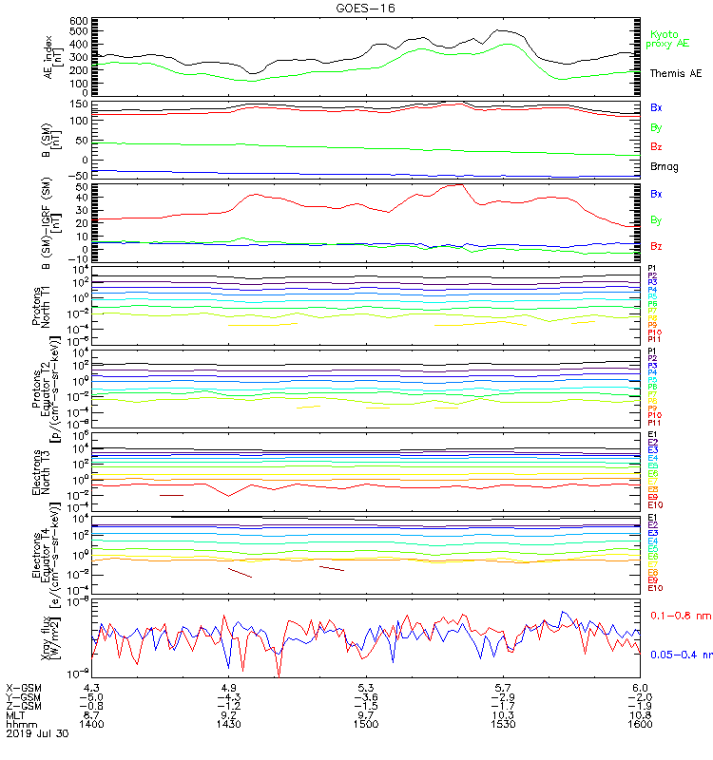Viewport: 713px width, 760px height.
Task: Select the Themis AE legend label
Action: coord(675,73)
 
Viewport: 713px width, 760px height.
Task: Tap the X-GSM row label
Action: coord(24,687)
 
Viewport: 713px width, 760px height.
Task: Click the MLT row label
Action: coord(16,715)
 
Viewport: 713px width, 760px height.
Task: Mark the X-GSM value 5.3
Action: coord(366,687)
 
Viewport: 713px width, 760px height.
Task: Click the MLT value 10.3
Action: coord(503,715)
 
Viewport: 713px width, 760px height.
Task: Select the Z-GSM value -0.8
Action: coord(91,706)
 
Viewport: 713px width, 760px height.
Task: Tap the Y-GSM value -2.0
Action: coord(639,696)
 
